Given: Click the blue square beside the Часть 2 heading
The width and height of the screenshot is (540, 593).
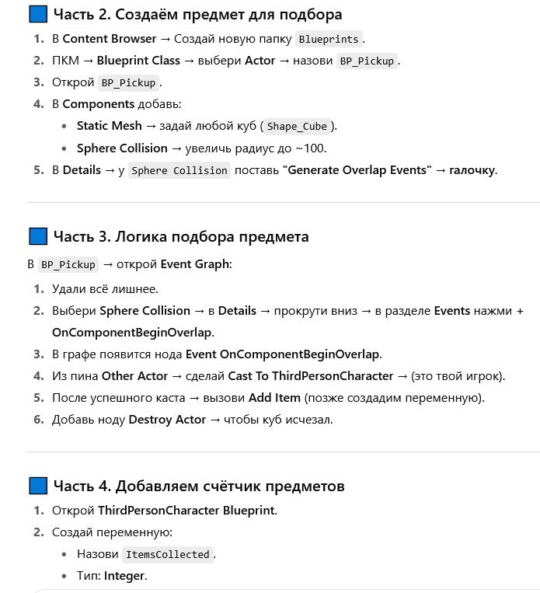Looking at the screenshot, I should click(37, 14).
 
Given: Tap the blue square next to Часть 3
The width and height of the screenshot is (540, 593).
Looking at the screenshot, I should click(37, 236).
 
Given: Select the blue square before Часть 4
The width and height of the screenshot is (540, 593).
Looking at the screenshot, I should click(37, 486).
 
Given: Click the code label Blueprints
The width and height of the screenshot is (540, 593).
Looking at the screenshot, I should click(329, 39).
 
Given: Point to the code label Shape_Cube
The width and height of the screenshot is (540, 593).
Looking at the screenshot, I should click(298, 126).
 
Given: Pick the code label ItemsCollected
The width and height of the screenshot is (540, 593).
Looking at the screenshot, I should click(167, 554).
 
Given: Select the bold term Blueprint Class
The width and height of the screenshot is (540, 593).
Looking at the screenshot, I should click(138, 61).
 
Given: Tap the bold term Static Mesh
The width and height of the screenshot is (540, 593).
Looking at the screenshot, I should click(110, 126).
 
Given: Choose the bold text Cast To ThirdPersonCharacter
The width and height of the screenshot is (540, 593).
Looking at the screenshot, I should click(311, 376).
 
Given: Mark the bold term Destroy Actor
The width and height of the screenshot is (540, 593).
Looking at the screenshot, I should click(167, 420).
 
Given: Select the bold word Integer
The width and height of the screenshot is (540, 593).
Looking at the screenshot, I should click(124, 576).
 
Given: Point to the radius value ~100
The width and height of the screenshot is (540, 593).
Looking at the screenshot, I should click(311, 148).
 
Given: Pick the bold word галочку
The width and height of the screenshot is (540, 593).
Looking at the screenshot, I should click(472, 169).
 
